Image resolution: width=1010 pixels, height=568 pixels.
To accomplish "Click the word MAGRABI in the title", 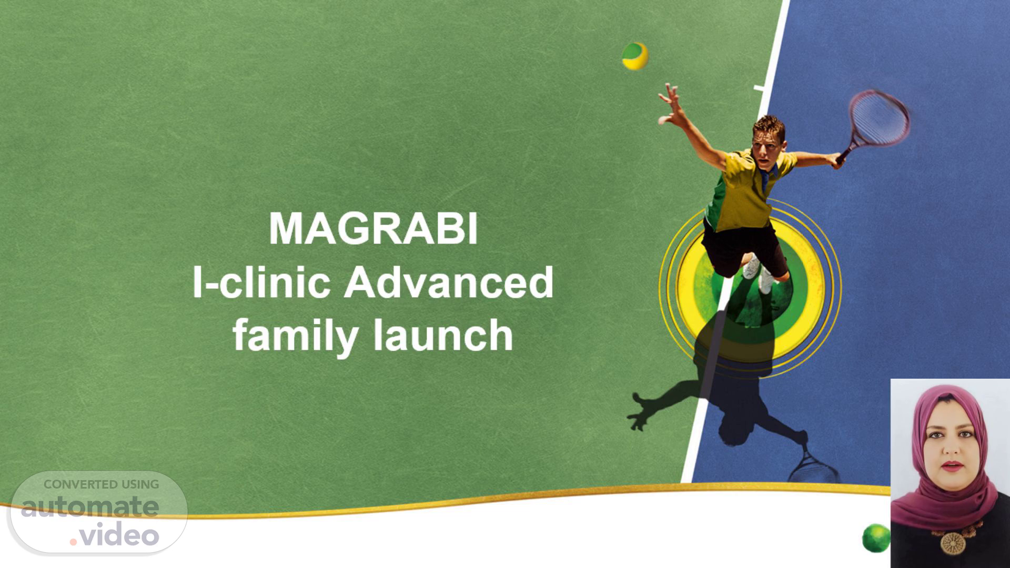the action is pyautogui.click(x=373, y=229).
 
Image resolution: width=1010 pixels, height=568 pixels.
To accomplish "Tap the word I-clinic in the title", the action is pyautogui.click(x=261, y=282).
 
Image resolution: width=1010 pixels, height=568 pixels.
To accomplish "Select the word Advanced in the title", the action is pyautogui.click(x=449, y=282).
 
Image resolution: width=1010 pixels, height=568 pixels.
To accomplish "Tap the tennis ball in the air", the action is pyautogui.click(x=635, y=56).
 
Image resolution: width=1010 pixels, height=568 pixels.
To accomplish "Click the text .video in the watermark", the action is pyautogui.click(x=115, y=535).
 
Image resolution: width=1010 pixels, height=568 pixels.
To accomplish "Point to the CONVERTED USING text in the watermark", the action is pyautogui.click(x=101, y=484).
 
